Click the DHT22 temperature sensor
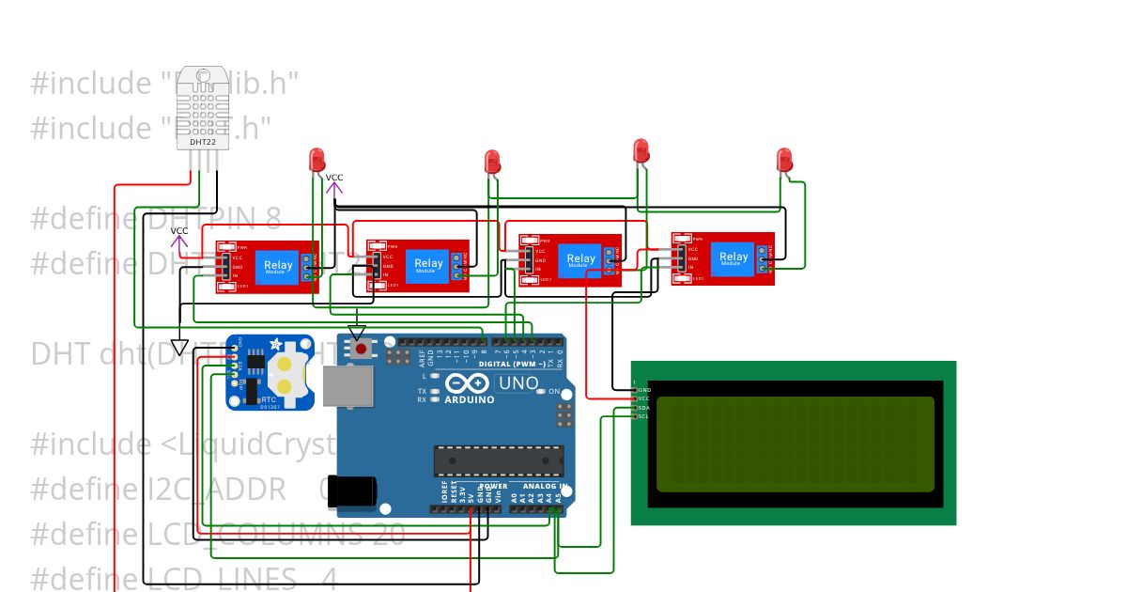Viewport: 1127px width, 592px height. pyautogui.click(x=203, y=108)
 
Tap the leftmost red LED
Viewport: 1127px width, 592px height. pyautogui.click(x=317, y=161)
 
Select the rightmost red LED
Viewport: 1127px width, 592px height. pyautogui.click(x=785, y=160)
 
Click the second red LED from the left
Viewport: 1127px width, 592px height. pyautogui.click(x=492, y=163)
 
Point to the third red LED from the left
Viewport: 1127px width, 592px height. pyautogui.click(x=641, y=150)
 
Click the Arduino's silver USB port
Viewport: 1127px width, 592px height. pyautogui.click(x=347, y=385)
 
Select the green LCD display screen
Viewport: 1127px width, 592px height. pyautogui.click(x=795, y=444)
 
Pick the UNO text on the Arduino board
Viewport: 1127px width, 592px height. pyautogui.click(x=517, y=383)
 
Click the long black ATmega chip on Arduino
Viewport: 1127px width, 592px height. pyautogui.click(x=498, y=461)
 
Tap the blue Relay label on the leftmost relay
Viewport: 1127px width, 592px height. pyautogui.click(x=278, y=266)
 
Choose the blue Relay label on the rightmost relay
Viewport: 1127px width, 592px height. pyautogui.click(x=733, y=257)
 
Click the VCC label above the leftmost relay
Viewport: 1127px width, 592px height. pyautogui.click(x=179, y=231)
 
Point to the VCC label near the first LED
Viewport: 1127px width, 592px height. pyautogui.click(x=334, y=178)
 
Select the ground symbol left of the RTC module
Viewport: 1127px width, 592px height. pyautogui.click(x=179, y=347)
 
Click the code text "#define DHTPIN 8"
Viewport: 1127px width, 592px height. pyautogui.click(x=156, y=219)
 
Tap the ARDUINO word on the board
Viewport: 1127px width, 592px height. pyautogui.click(x=471, y=399)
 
